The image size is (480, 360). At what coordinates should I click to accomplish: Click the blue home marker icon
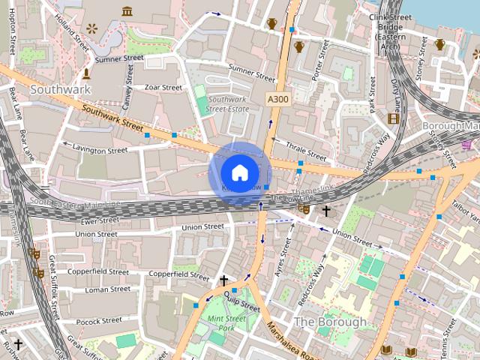239,173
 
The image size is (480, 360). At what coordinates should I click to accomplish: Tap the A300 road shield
277,99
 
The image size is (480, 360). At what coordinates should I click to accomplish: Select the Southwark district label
60,89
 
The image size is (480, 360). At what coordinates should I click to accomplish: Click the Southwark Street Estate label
228,104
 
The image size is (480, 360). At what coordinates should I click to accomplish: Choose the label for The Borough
331,322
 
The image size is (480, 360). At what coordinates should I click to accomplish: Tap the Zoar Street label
163,88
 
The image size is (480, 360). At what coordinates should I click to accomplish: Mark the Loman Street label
107,289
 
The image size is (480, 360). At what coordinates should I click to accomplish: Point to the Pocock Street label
98,320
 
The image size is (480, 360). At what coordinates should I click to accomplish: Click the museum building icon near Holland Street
127,11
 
